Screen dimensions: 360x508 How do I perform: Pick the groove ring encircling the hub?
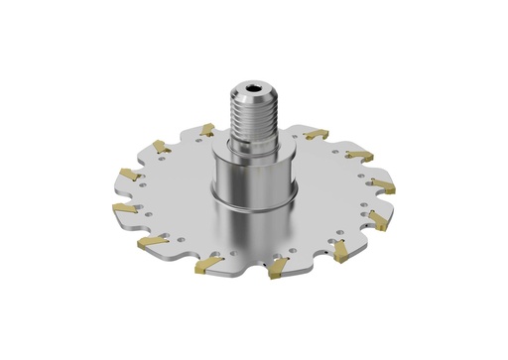point(257,204)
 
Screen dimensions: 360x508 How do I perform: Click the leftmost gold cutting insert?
point(125,208)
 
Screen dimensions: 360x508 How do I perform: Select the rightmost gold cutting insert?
point(385,185)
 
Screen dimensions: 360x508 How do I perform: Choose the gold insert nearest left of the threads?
point(206,129)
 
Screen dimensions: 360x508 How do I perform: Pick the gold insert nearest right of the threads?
point(316,134)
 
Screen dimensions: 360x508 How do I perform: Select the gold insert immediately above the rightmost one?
point(358,155)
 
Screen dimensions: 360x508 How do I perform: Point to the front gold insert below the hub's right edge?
point(280,266)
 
